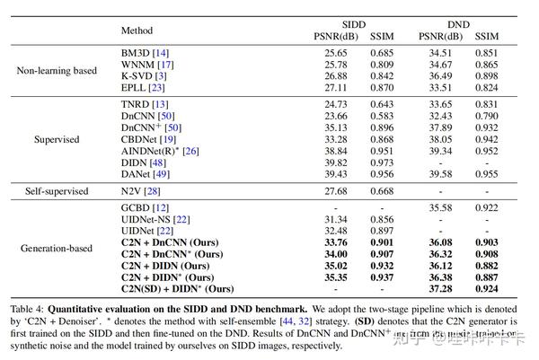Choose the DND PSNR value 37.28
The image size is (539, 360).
[435, 289]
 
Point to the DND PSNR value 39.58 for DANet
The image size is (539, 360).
[435, 177]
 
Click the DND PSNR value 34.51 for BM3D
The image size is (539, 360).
[435, 53]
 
